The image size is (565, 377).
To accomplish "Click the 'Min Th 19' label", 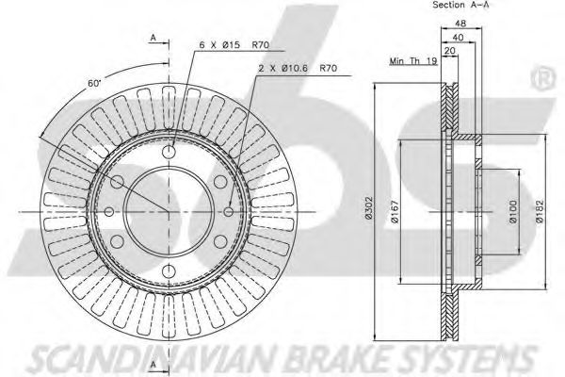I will coord(410,61).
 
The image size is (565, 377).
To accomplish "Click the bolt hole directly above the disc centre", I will coord(169,151).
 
